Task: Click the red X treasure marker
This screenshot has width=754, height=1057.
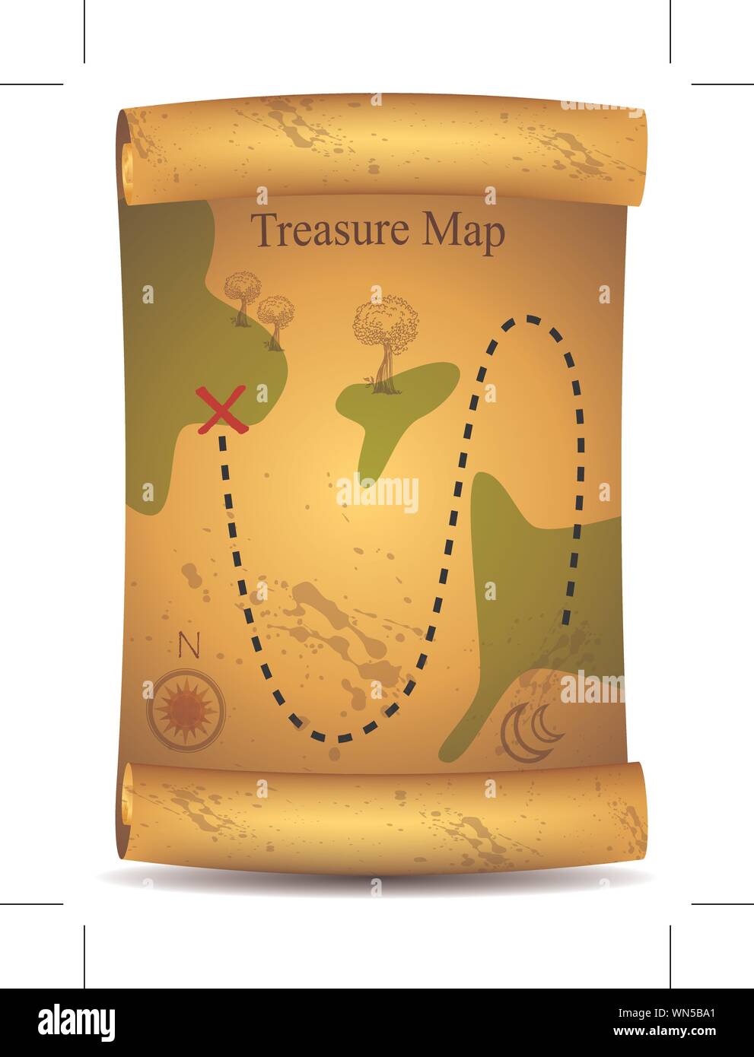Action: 221,410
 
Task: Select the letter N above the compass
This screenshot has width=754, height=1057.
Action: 188,646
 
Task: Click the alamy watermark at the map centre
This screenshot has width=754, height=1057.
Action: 377,492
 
